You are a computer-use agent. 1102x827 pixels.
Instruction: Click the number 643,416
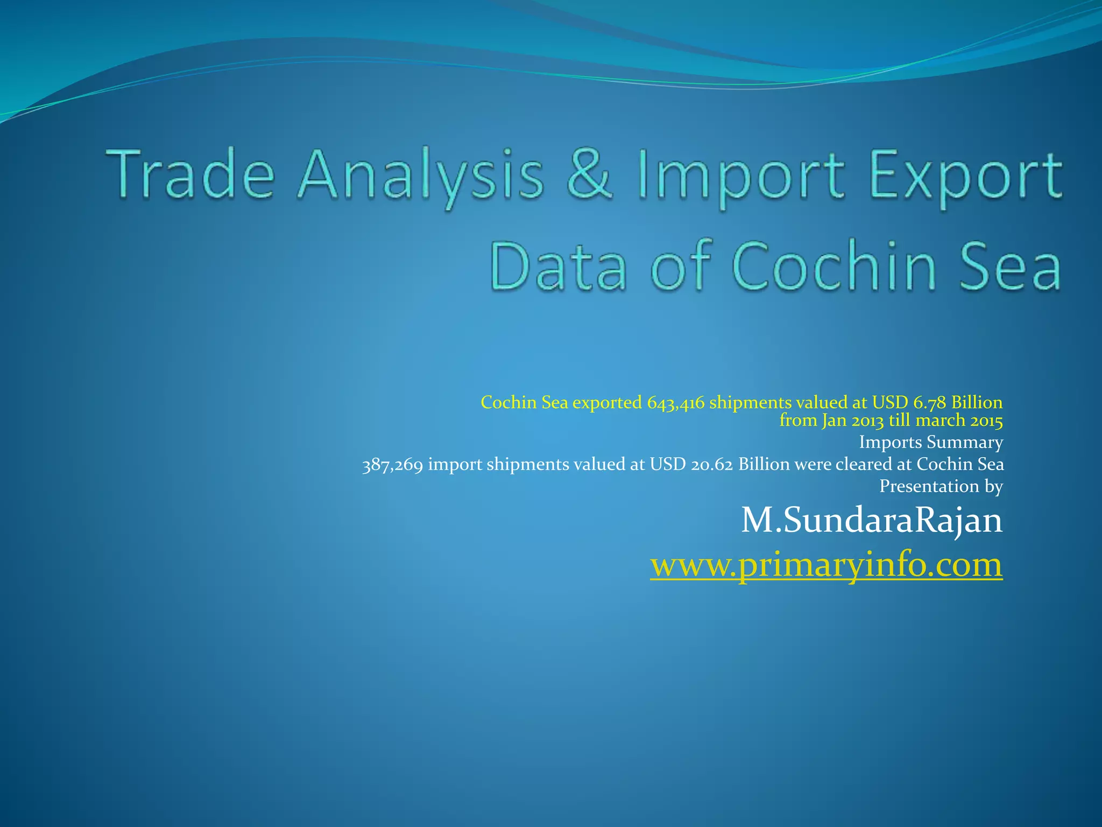675,403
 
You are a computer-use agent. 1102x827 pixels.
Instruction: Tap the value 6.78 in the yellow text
929,403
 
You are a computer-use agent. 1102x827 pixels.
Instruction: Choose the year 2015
986,420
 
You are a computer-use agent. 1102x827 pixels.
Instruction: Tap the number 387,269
392,465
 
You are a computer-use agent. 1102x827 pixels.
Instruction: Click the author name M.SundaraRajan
872,521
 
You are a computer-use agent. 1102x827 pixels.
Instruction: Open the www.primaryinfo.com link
826,565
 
